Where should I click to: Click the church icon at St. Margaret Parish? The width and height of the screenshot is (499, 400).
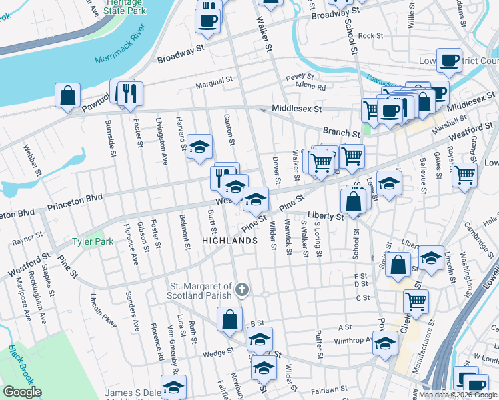coord(242,290)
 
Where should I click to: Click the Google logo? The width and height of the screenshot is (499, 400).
coord(22,392)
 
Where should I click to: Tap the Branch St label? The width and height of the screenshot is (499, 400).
coord(337,132)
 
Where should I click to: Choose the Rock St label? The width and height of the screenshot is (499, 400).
coord(370,36)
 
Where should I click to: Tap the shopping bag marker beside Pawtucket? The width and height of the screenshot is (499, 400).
coord(68,96)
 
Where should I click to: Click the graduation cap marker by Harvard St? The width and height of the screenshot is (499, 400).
coord(199,147)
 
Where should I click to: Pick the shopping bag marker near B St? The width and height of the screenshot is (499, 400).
coord(229,319)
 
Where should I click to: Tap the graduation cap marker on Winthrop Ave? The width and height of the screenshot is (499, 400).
coord(385,343)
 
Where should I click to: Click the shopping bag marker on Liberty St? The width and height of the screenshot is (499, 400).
coord(353,200)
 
